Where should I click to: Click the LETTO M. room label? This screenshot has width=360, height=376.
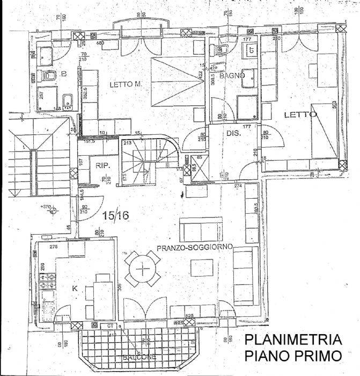[x=125, y=85]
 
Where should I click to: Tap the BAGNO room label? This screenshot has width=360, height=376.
[x=235, y=76]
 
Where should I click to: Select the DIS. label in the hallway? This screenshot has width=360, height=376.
[x=232, y=133]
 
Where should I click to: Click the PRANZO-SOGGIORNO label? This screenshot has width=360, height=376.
[x=194, y=248]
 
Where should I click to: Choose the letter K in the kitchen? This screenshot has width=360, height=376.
[x=75, y=288]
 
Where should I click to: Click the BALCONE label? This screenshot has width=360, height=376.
[x=138, y=357]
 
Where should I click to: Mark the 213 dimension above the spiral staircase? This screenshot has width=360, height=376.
[x=128, y=143]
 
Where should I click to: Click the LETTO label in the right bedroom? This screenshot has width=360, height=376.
[x=297, y=114]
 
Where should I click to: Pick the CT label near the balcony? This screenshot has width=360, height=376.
[x=111, y=326]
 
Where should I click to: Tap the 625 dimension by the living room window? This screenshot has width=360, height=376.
[x=189, y=316]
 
